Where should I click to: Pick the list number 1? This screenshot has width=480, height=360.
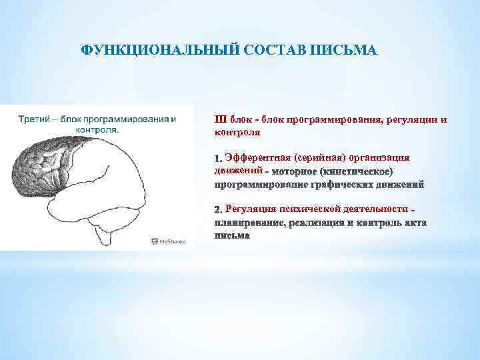(217, 159)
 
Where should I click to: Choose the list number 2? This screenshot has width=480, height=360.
(218, 211)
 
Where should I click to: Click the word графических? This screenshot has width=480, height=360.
(343, 185)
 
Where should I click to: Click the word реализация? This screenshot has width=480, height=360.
(317, 223)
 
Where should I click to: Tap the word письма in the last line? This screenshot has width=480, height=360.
(231, 235)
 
